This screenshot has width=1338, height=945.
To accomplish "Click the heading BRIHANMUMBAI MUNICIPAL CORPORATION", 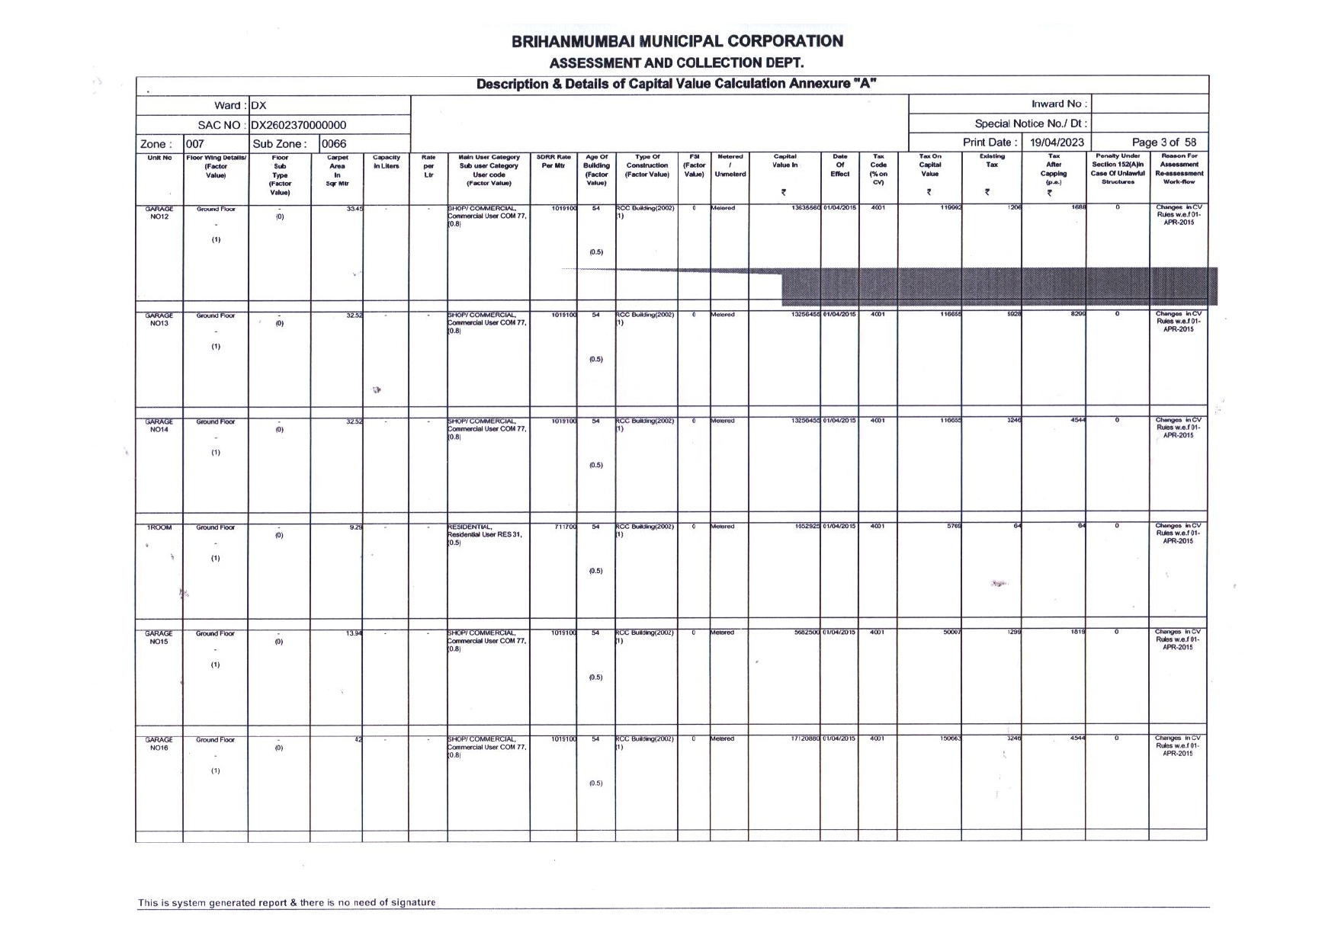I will pyautogui.click(x=677, y=41).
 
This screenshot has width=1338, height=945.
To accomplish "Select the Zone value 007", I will pyautogui.click(x=195, y=143).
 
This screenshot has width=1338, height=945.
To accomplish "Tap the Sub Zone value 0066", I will pyautogui.click(x=334, y=143).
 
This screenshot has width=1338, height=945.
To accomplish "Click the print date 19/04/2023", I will pyautogui.click(x=1057, y=143).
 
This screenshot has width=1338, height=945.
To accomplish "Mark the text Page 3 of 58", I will pyautogui.click(x=1163, y=143).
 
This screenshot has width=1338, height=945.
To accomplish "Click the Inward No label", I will pyautogui.click(x=1059, y=104).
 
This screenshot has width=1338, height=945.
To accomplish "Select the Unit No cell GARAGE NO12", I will pyautogui.click(x=159, y=213).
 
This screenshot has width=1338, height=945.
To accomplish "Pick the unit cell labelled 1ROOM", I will pyautogui.click(x=159, y=527).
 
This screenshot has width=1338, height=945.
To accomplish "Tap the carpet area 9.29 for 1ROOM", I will pyautogui.click(x=355, y=527).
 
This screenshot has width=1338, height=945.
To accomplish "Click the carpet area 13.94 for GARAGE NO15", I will pyautogui.click(x=353, y=633).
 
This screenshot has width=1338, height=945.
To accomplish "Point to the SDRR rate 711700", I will pyautogui.click(x=564, y=527).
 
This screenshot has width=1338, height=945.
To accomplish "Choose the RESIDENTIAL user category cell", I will pyautogui.click(x=485, y=534).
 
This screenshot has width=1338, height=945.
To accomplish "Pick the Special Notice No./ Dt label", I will pyautogui.click(x=1030, y=123).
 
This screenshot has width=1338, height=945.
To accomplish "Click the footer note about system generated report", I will pyautogui.click(x=287, y=903).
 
